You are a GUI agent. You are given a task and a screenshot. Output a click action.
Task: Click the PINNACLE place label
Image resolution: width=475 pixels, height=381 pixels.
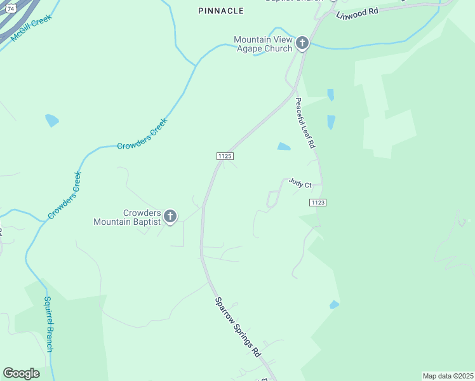coord(221,11)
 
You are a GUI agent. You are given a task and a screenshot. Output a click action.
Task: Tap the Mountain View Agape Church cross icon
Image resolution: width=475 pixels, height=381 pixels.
coord(302,43)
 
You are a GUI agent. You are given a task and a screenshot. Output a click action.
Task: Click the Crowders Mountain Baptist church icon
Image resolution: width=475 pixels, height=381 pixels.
coord(170,217)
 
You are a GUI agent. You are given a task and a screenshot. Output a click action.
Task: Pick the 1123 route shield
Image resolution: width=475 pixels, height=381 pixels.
coord(318,202)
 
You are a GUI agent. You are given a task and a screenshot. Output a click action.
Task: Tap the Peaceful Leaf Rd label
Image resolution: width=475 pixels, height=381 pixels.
coord(305,123)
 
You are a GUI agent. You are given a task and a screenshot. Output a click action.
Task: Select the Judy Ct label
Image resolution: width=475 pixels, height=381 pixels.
coord(300,184)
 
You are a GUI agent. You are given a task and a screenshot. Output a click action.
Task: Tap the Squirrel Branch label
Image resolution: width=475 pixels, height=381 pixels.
coord(49,324)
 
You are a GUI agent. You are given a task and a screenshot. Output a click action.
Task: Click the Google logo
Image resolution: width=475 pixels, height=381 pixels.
coord(21,373)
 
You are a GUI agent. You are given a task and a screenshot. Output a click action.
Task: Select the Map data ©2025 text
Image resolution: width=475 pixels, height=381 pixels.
coord(448,376)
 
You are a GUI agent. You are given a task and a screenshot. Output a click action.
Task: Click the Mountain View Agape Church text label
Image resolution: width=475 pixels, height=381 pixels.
coord(263,44)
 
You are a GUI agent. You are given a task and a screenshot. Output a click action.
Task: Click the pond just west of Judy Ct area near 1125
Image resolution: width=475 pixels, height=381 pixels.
coord(283,147)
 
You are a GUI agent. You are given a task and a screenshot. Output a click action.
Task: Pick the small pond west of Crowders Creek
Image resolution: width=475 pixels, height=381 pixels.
coord(52,120)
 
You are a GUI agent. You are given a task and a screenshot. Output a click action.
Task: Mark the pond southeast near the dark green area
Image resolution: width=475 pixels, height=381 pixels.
coord(334,305)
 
